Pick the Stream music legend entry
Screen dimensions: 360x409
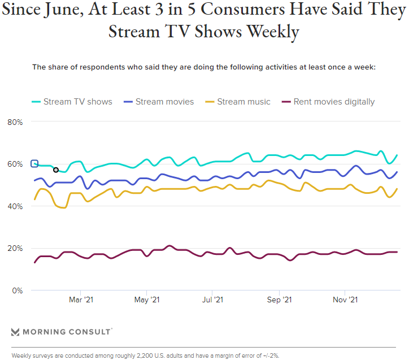(237, 102)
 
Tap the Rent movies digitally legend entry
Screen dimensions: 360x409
(328, 102)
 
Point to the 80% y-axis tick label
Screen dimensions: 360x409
(15, 122)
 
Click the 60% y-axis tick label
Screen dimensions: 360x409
(15, 164)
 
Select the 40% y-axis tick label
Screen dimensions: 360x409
(15, 206)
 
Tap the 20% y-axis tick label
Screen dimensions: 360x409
(15, 249)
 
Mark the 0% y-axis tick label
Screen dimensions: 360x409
(16, 290)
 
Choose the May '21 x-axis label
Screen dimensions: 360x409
(147, 300)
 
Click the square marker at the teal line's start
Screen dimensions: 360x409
(34, 164)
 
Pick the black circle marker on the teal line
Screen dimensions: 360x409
(56, 170)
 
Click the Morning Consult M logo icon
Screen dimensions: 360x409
(15, 332)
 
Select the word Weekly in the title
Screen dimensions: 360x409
(268, 32)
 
